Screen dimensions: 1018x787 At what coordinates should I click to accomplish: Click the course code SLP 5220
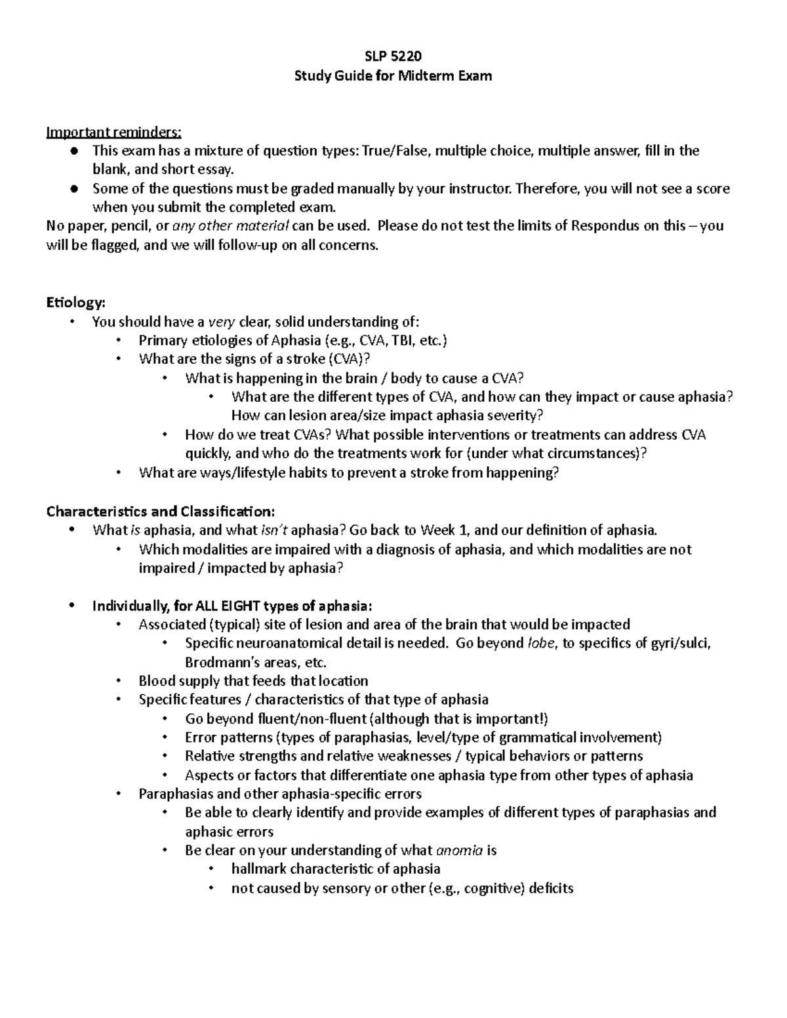pos(393,56)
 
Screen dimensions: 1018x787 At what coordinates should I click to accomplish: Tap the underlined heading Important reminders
pos(113,132)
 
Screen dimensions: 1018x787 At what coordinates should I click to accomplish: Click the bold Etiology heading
pos(75,302)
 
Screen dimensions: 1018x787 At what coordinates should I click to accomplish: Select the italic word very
pos(221,321)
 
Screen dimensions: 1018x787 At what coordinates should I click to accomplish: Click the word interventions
pos(477,435)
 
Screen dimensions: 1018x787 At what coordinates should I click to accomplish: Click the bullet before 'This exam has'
pos(75,151)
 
